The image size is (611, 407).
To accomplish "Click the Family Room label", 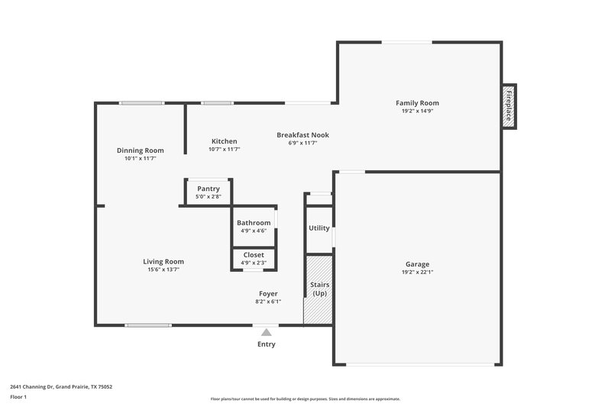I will [x=417, y=103].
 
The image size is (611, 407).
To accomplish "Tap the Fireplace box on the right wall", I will [x=509, y=105].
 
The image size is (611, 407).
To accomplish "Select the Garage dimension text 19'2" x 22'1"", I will [x=418, y=273].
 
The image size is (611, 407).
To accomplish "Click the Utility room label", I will [x=318, y=228].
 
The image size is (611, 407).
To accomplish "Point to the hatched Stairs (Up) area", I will [x=318, y=289].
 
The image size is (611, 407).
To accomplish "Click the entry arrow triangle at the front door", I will [x=266, y=332].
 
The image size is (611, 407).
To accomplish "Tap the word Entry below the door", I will [x=266, y=344].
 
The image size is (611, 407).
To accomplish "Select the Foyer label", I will [x=268, y=293].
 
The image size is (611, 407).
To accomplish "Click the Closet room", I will [x=254, y=258].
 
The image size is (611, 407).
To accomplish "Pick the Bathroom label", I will [x=254, y=223].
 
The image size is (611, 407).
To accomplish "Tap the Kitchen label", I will [x=225, y=141].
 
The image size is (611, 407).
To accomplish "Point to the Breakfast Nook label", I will [x=302, y=135].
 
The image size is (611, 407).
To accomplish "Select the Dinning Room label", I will [x=141, y=150].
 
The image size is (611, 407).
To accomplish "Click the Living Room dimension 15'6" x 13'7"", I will [x=163, y=270].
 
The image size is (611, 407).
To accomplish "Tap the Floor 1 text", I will [x=19, y=398].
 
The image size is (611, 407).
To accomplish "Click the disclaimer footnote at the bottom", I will [x=305, y=399].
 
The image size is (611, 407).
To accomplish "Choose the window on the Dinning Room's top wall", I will [x=141, y=103].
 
